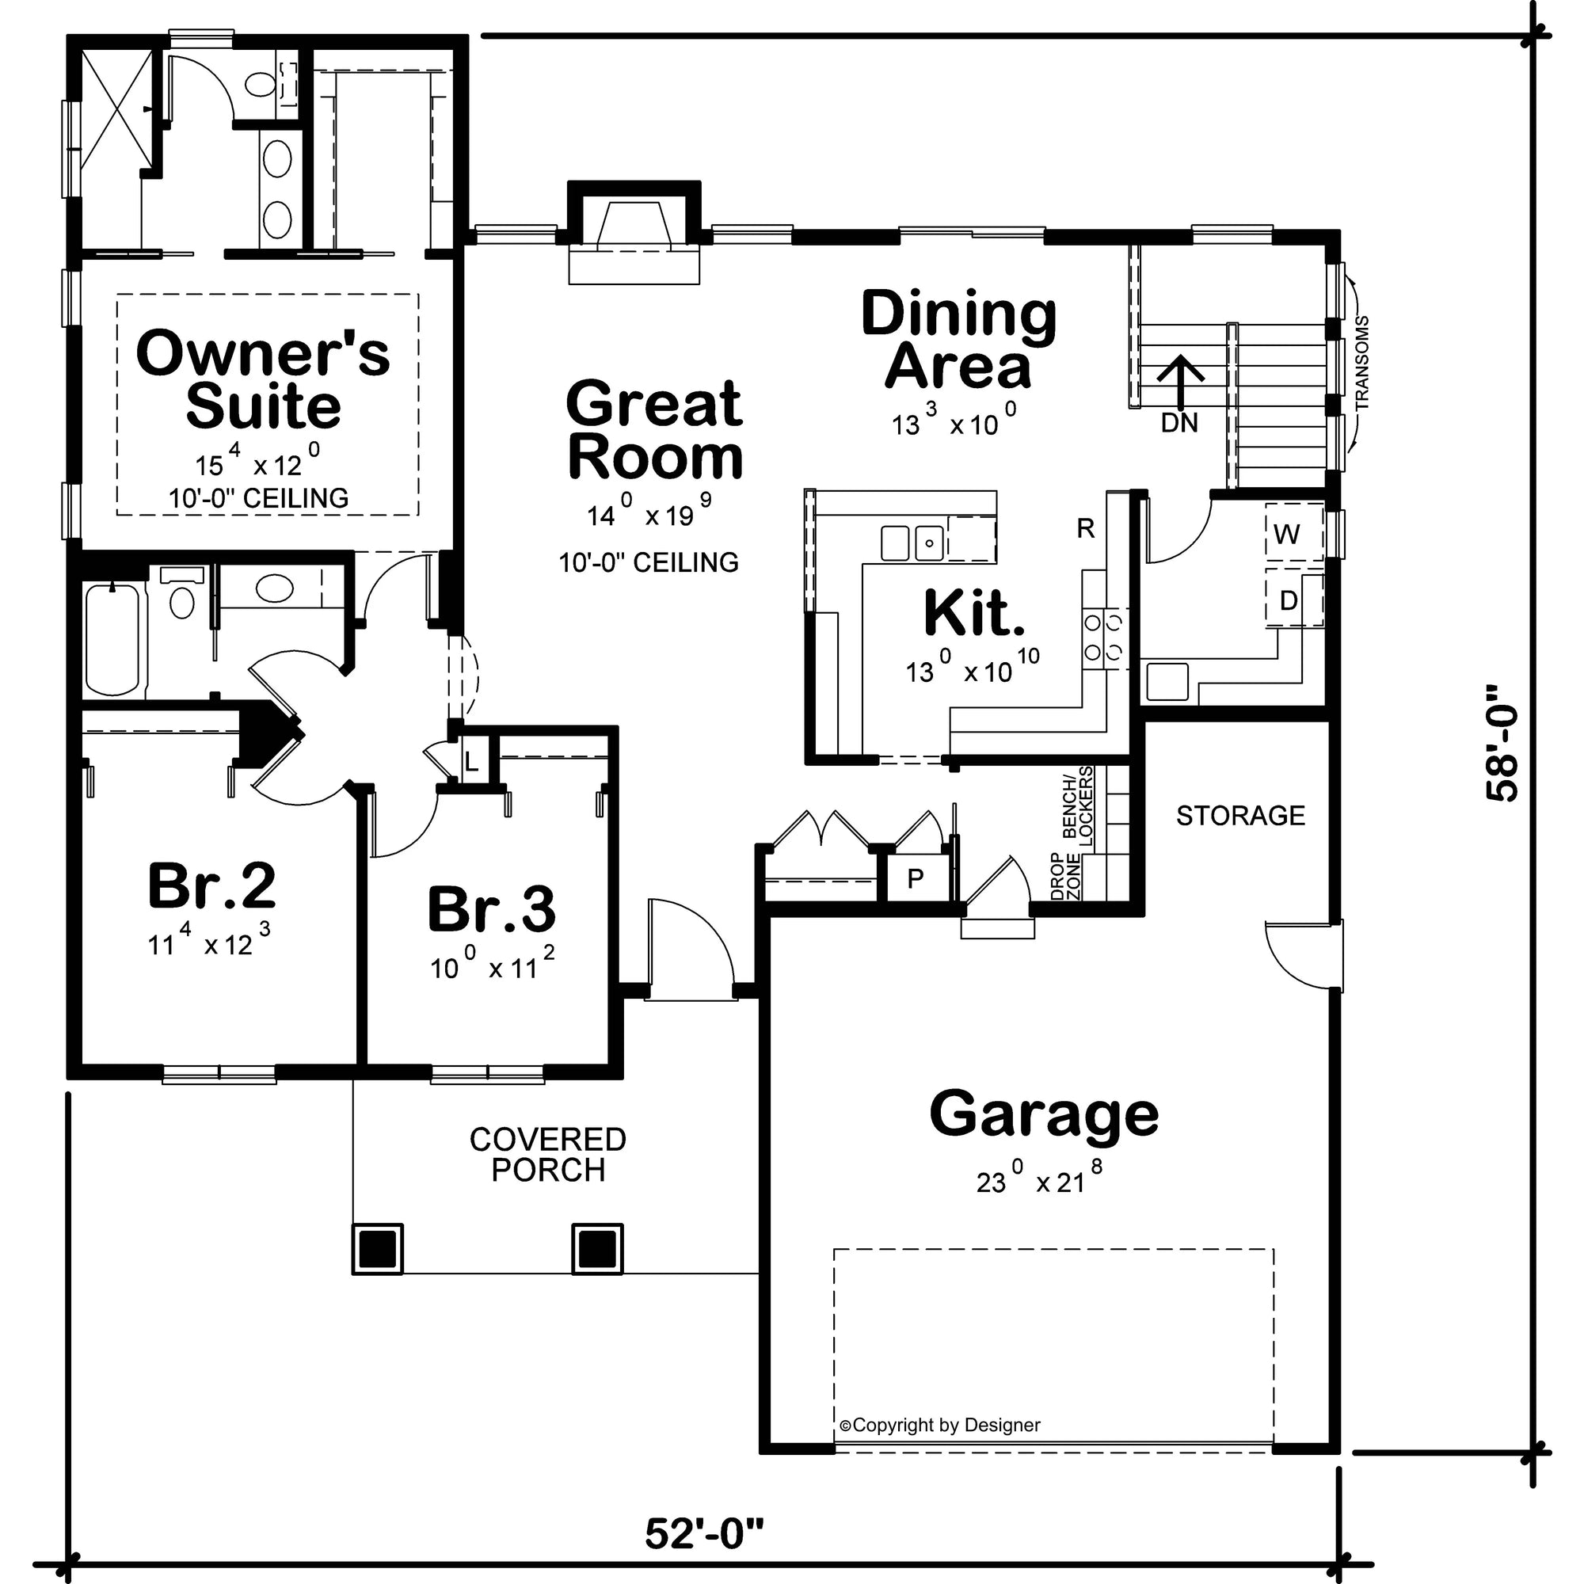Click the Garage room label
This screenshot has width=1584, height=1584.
[x=1044, y=1114]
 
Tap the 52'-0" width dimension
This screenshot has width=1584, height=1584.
[x=704, y=1534]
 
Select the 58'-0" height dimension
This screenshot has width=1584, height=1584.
[x=1501, y=754]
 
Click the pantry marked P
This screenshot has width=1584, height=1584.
[x=916, y=879]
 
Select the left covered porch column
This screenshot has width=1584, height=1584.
[x=377, y=1249]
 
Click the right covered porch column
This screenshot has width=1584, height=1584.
[x=597, y=1249]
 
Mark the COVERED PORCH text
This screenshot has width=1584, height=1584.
[x=548, y=1155]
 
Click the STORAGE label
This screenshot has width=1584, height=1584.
[x=1239, y=816]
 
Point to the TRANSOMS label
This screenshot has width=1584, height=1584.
[x=1361, y=364]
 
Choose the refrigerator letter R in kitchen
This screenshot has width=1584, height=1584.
[x=1086, y=529]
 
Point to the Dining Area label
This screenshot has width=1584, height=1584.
[x=958, y=340]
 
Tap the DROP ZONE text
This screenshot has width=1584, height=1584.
[x=1065, y=876]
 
